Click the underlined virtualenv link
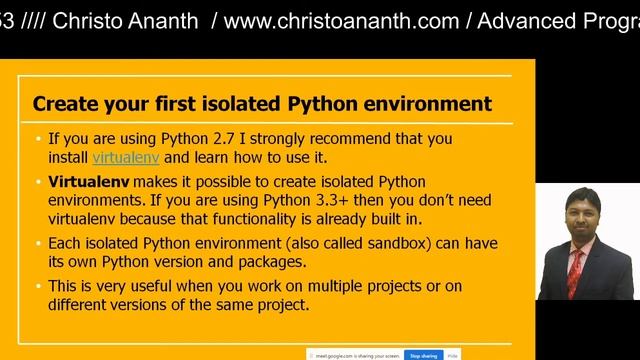point(126,157)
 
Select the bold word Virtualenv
point(88,182)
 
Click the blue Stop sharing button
point(422,355)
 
